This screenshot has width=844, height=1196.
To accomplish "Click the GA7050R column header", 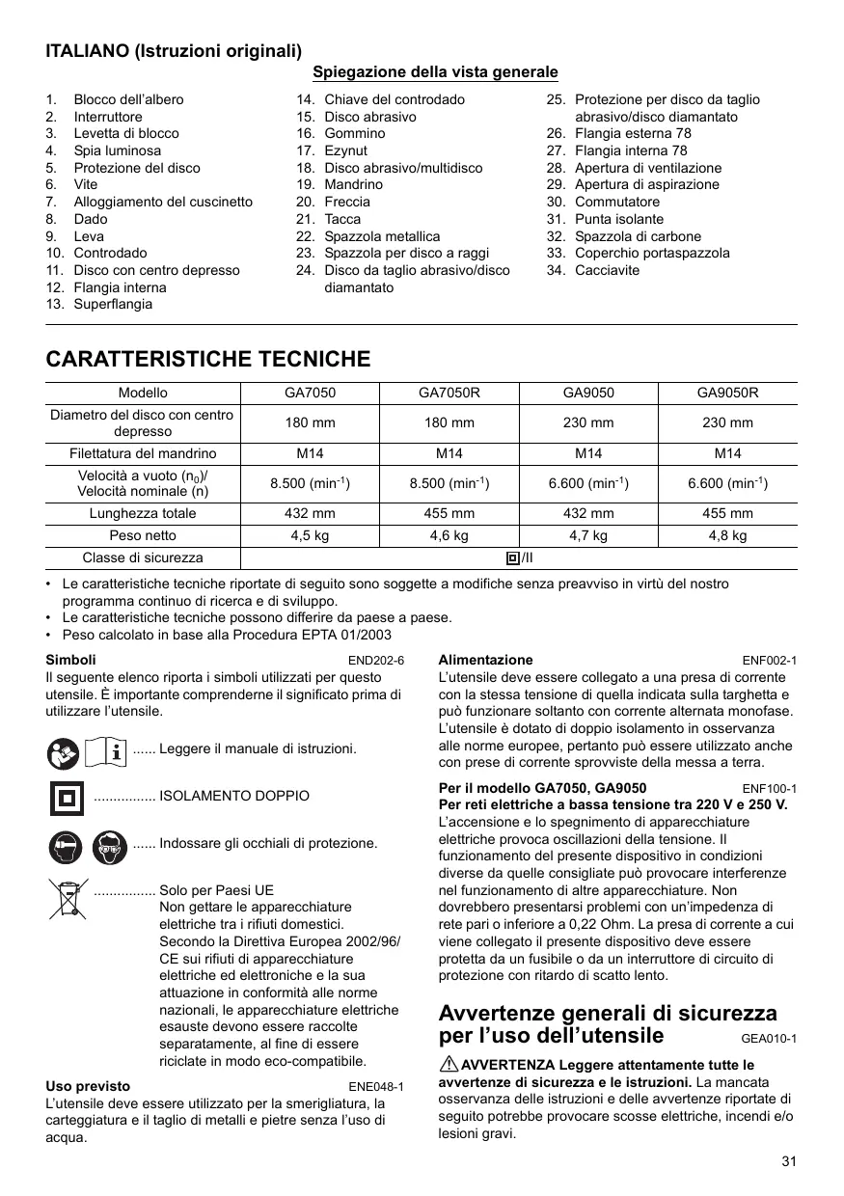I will [449, 393].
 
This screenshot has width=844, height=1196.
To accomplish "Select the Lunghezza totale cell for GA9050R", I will [727, 513].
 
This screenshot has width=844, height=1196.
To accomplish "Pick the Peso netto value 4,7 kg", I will [588, 535].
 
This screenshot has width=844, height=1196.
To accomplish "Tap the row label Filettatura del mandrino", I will [143, 453].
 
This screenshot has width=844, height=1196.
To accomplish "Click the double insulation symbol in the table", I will [513, 557].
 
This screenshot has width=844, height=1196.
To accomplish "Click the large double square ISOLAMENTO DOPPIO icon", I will [67, 797].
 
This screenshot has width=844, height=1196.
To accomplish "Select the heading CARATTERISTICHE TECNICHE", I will [208, 360].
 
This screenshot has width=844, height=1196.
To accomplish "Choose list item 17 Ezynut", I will [345, 150].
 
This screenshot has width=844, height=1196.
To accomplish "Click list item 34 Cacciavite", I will [606, 270].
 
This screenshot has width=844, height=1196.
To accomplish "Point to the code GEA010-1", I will [769, 1039].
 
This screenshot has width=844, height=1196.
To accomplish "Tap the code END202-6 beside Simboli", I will [375, 661].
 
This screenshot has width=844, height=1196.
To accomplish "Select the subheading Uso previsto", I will [88, 1086].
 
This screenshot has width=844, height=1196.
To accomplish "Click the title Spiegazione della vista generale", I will [435, 72].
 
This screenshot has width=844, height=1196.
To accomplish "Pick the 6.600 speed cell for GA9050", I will [588, 483].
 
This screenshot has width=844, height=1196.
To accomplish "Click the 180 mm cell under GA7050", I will [309, 422].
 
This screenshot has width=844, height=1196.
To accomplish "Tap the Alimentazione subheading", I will [485, 660].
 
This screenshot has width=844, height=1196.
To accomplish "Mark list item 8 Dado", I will [89, 219].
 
